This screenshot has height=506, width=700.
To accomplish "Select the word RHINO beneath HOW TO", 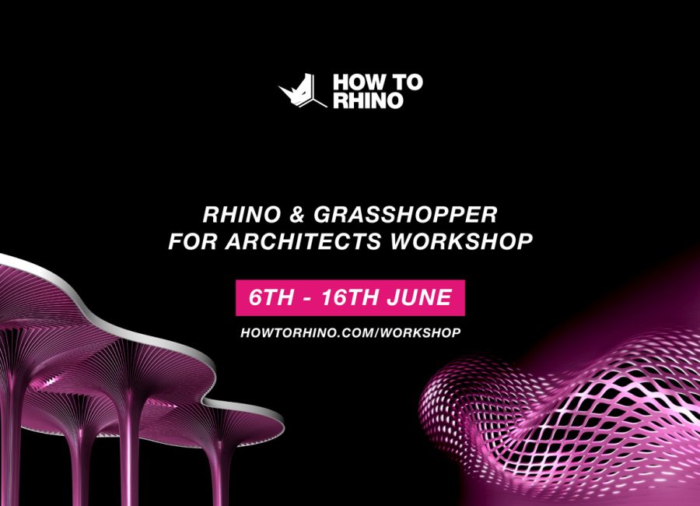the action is point(369,100).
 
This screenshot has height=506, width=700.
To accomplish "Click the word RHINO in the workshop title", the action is point(242,215).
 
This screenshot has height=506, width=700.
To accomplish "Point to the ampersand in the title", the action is point(297,215).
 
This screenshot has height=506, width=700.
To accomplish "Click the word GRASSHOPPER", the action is point(405,215).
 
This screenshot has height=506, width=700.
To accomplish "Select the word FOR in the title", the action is point(193,241).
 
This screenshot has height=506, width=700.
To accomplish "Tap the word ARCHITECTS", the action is point(303,241).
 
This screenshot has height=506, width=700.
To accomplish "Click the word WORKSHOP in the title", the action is point(461,241).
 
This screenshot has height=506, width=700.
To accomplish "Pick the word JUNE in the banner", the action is point(419,297).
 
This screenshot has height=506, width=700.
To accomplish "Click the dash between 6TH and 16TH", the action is point(307,299).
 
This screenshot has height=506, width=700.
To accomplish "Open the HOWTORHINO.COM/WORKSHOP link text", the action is point(351,332).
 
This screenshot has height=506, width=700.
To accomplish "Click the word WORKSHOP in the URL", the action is point(421,332).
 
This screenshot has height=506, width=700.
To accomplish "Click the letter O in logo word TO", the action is point(415,83).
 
